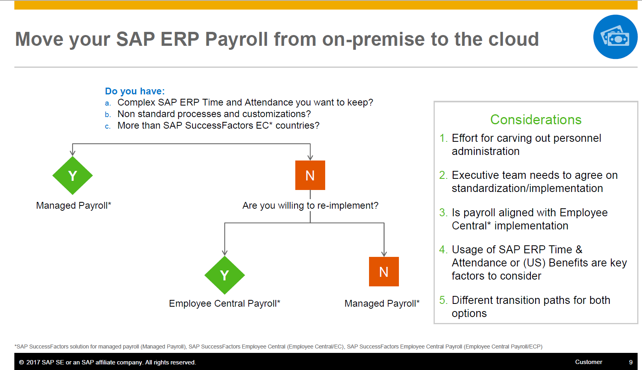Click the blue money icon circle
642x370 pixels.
pos(615,37)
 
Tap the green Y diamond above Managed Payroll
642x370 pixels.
pos(73,176)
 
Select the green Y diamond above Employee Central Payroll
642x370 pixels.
pos(225,275)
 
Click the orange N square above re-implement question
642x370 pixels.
pos(310,175)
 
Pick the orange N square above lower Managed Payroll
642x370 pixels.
pos(384,272)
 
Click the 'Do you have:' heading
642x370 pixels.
pos(135,91)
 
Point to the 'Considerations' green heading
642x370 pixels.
pos(536,119)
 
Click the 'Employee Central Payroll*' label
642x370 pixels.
pos(224,303)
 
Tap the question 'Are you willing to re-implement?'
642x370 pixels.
pos(310,206)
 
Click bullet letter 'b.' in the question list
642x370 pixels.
pos(108,115)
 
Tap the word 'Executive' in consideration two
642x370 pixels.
pos(475,175)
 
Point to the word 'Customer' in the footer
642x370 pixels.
pos(588,362)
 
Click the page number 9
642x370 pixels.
pos(631,362)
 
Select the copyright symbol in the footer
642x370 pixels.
pos(22,362)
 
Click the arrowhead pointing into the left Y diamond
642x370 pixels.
pos(73,153)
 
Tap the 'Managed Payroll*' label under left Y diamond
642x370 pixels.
pos(73,206)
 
